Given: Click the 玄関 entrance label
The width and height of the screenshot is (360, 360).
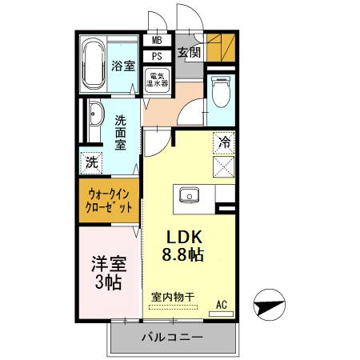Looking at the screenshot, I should pos(189,54).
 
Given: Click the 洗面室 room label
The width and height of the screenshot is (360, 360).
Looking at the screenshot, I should pos(121,134).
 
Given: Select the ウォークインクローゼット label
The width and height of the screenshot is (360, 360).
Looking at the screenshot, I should pos(109,199).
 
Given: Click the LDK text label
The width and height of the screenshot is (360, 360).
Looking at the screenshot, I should pos(186,238).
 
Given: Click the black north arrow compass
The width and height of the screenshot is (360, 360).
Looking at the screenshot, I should pos(268,304).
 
